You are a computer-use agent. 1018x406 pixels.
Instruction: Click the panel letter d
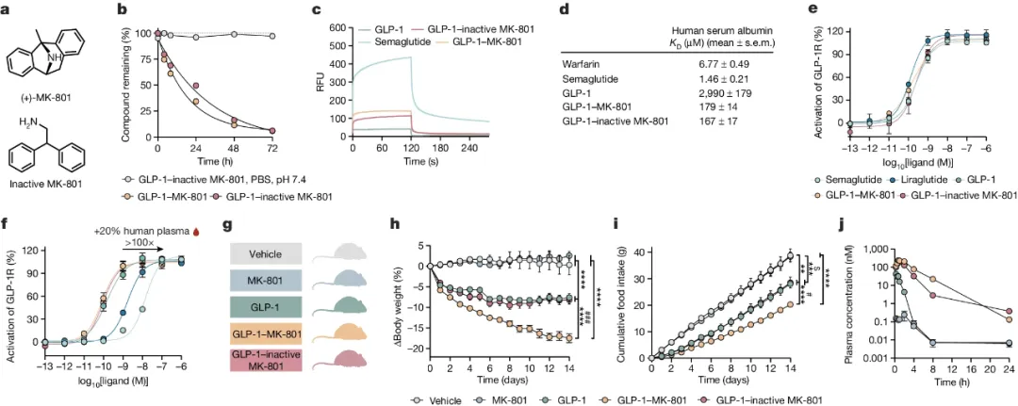(x=564, y=10)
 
